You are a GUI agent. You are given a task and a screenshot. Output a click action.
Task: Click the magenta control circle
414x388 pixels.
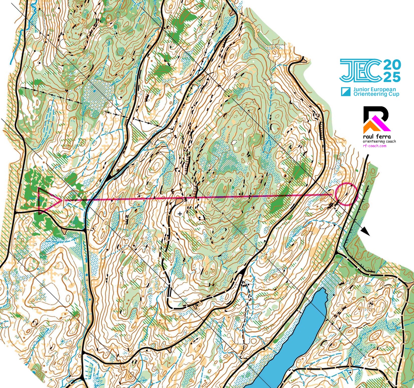click(346, 194)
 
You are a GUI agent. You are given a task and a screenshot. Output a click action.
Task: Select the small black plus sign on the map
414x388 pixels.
click(180, 214)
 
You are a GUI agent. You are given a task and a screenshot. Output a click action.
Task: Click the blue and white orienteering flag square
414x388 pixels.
click(346, 92)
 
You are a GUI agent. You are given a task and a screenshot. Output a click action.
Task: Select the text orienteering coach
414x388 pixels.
click(379, 141)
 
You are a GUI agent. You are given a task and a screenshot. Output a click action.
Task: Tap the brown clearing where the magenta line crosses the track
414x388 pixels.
click(179, 201)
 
